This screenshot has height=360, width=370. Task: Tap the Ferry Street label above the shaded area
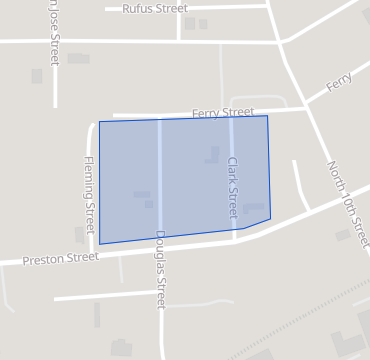223,112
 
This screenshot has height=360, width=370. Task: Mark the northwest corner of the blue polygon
99,122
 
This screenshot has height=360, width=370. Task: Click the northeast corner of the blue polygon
267,116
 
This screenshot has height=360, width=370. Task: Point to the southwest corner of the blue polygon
100,243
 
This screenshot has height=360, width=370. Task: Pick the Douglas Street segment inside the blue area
159,180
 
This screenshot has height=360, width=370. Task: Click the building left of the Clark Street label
212,155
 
